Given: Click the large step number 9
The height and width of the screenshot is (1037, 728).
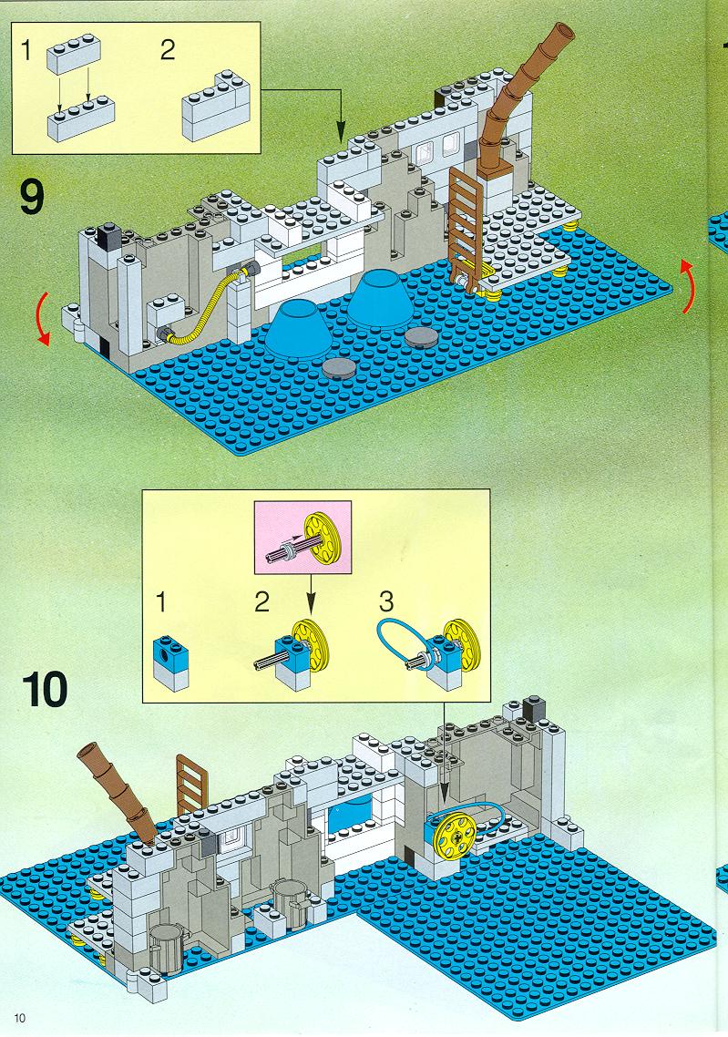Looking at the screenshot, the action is (x=32, y=197).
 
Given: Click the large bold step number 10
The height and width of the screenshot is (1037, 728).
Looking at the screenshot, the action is (x=45, y=689).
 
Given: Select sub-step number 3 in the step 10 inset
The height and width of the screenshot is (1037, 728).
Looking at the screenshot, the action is (x=386, y=601).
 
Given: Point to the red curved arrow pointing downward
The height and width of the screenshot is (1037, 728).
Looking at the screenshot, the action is (x=40, y=320).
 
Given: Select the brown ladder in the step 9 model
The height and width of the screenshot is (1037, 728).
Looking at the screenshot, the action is (x=467, y=225).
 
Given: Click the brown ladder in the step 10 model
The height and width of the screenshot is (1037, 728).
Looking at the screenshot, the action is (x=191, y=785).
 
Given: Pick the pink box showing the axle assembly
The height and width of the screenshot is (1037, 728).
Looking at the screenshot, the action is (x=302, y=537).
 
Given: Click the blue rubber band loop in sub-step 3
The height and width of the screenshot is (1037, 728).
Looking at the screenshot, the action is (x=404, y=639).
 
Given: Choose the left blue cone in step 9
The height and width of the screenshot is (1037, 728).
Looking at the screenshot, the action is (x=299, y=327).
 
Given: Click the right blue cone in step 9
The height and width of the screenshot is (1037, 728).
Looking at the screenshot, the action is (x=379, y=298).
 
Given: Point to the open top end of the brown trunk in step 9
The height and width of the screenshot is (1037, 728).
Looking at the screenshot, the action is (x=563, y=32).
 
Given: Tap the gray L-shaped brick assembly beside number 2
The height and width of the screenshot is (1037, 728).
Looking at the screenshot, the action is (x=216, y=106).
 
